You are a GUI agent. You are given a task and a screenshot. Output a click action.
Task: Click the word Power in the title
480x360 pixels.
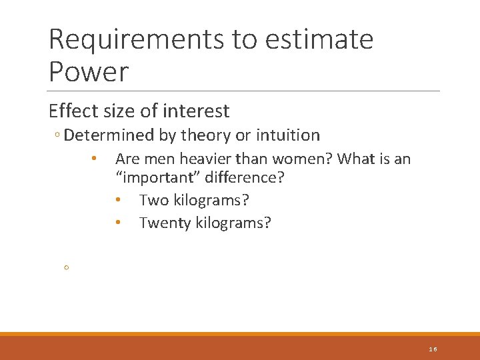tap(88, 71)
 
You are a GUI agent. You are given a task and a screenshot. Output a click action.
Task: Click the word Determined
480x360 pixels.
tap(110, 135)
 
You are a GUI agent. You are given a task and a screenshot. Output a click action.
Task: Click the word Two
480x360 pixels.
tap(154, 201)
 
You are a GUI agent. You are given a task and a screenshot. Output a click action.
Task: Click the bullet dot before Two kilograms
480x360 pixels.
tap(117, 201)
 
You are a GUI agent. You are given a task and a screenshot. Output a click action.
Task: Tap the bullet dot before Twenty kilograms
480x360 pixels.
tap(117, 223)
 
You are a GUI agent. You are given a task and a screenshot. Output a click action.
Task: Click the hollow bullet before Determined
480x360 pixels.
tap(58, 136)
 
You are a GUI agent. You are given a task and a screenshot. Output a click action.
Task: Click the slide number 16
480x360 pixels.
tap(433, 349)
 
